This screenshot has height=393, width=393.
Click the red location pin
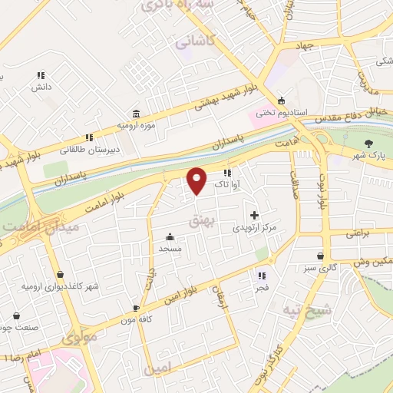(x=197, y=180)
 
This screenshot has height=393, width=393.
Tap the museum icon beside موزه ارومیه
(x=136, y=111)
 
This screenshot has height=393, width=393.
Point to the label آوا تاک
(x=228, y=184)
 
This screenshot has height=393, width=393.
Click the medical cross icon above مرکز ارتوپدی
(x=255, y=216)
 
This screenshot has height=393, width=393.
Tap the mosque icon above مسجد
(x=169, y=237)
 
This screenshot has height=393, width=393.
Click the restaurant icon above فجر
(x=262, y=276)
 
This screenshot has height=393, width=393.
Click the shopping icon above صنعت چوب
(x=16, y=315)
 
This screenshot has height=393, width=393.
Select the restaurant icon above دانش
(x=41, y=75)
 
